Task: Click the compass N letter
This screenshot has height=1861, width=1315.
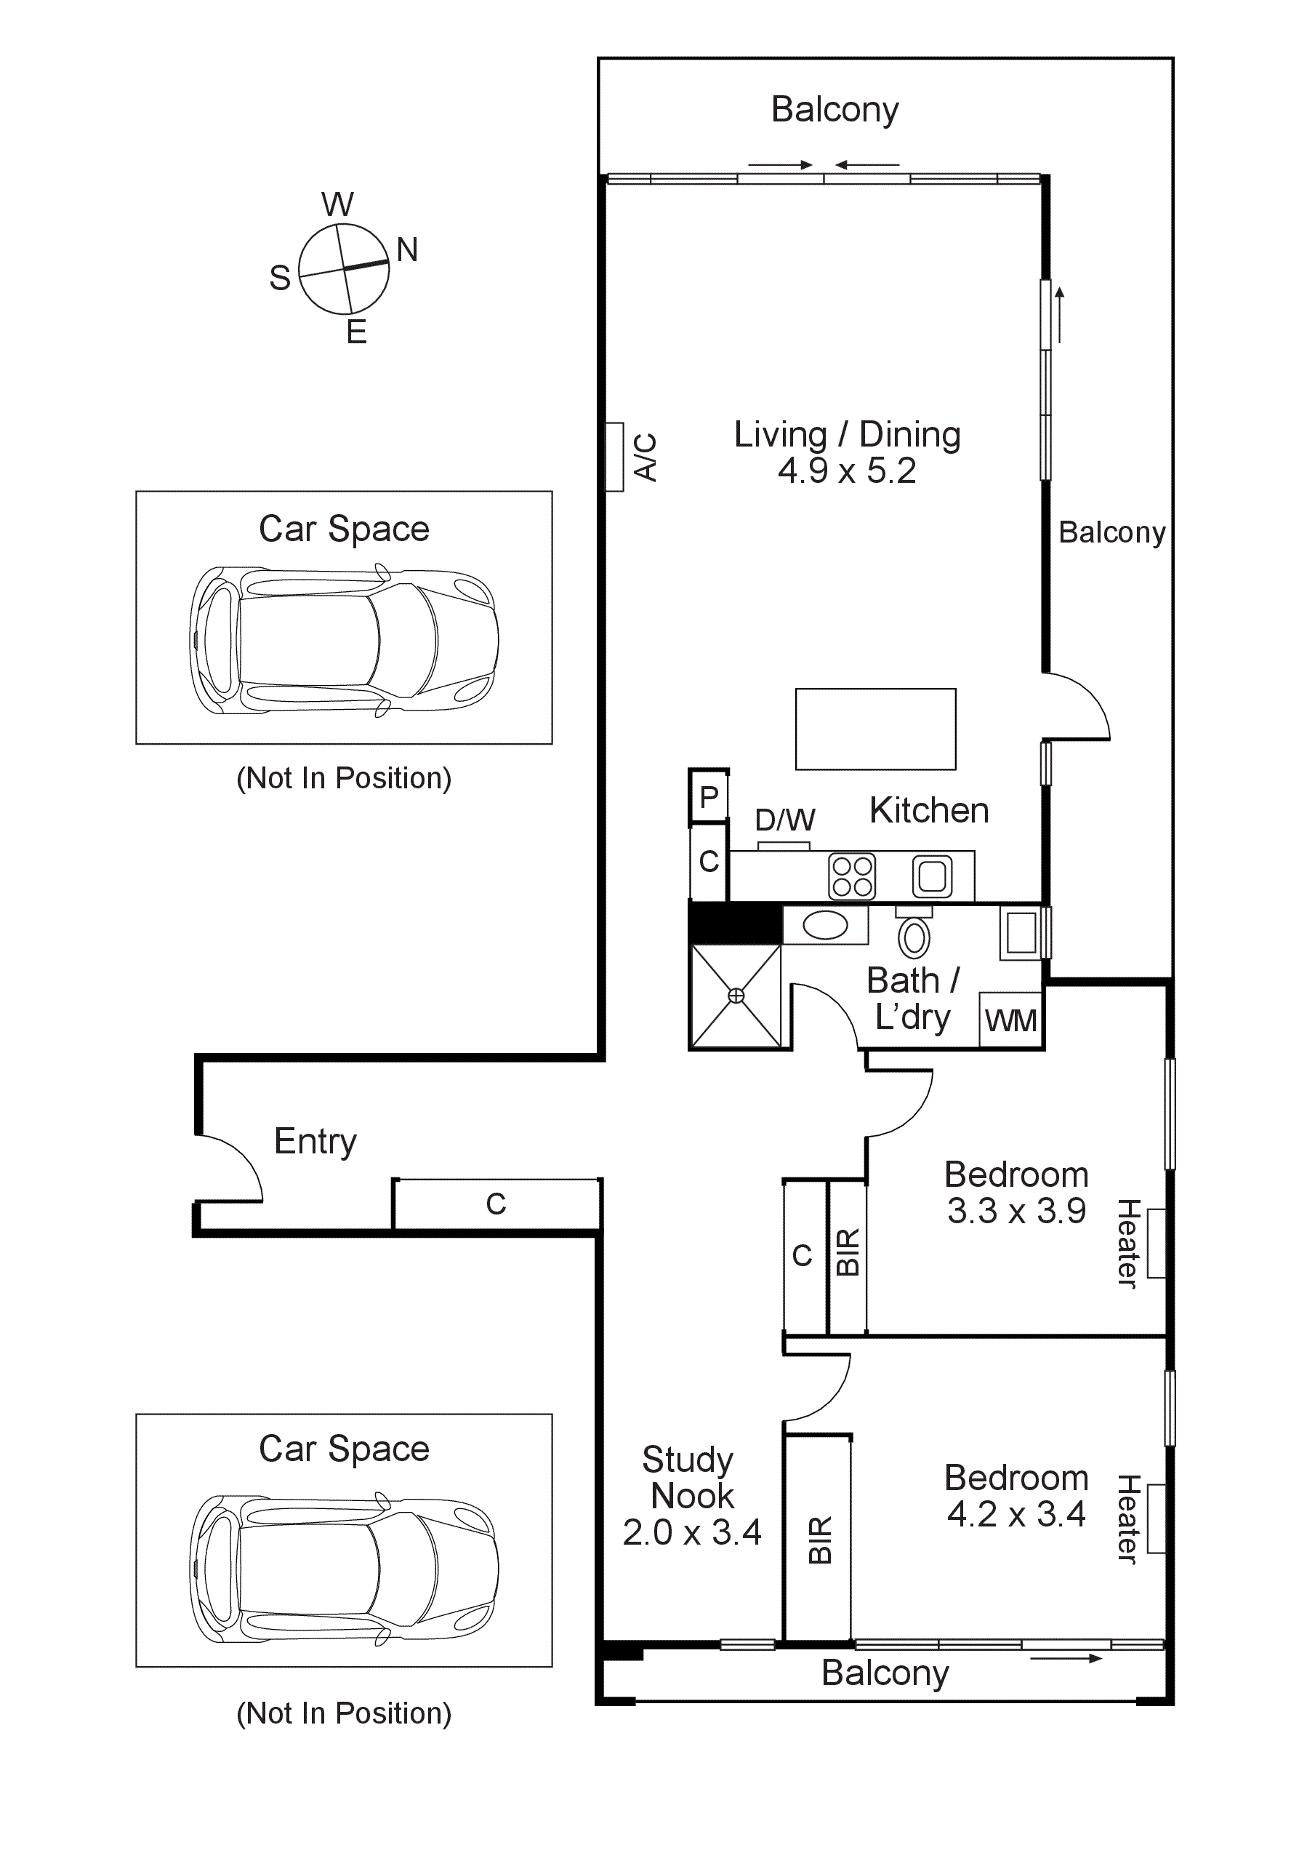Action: point(407,249)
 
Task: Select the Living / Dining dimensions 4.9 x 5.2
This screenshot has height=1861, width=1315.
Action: point(847,471)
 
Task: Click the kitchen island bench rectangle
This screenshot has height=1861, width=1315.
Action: point(875,729)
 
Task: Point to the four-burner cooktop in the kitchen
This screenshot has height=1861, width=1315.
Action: point(851,876)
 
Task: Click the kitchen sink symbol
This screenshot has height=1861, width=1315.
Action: point(932,876)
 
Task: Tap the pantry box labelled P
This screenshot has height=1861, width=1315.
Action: point(709,798)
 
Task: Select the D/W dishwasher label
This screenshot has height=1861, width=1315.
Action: point(784,820)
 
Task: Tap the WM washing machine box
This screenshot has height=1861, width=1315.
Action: point(1010,1020)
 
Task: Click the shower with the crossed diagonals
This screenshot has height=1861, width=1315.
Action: point(736,996)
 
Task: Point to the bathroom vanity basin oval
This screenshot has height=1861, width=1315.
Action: point(825,925)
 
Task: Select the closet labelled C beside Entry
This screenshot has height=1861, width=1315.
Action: point(496,1204)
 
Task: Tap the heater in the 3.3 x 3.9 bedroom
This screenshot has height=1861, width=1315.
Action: point(1157,1244)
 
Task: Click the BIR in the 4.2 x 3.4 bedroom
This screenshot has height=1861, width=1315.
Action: point(819,1540)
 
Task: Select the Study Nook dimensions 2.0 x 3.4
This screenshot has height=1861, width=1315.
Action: point(691,1532)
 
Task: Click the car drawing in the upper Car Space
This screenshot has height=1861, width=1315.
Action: point(344,640)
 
